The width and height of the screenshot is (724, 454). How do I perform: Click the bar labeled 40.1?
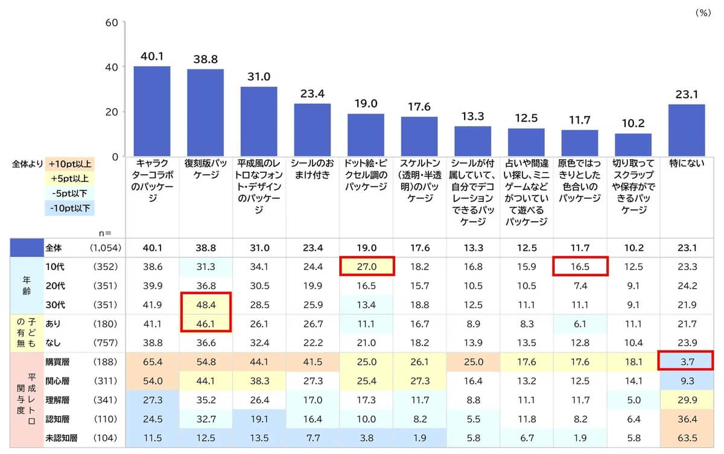point(152,112)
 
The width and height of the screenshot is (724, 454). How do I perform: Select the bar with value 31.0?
point(259,122)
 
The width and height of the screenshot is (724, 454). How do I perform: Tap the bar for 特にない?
point(687,130)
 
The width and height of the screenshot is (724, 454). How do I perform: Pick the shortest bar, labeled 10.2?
point(633,145)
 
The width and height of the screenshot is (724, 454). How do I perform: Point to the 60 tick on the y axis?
point(112,22)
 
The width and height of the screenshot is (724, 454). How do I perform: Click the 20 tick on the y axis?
point(112,112)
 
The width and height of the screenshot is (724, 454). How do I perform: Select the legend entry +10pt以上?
point(69,164)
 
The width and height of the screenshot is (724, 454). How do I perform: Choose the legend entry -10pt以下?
point(69,208)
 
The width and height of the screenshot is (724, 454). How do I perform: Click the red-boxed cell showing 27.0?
point(367,266)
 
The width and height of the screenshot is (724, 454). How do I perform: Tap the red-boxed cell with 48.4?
point(206,304)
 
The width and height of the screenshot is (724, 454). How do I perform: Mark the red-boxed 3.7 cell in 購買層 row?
point(686,361)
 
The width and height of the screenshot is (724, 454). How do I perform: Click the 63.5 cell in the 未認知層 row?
point(687,438)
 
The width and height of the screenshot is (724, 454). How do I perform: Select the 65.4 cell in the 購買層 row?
point(153,362)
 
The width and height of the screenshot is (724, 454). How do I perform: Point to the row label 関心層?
point(57,381)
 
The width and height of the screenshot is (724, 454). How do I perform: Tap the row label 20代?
point(56,286)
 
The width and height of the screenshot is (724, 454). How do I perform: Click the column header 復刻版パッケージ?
point(206,169)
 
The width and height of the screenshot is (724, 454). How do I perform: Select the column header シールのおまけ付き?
point(313,169)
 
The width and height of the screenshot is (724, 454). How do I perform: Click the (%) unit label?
point(703,13)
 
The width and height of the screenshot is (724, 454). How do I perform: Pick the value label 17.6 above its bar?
point(419,107)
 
